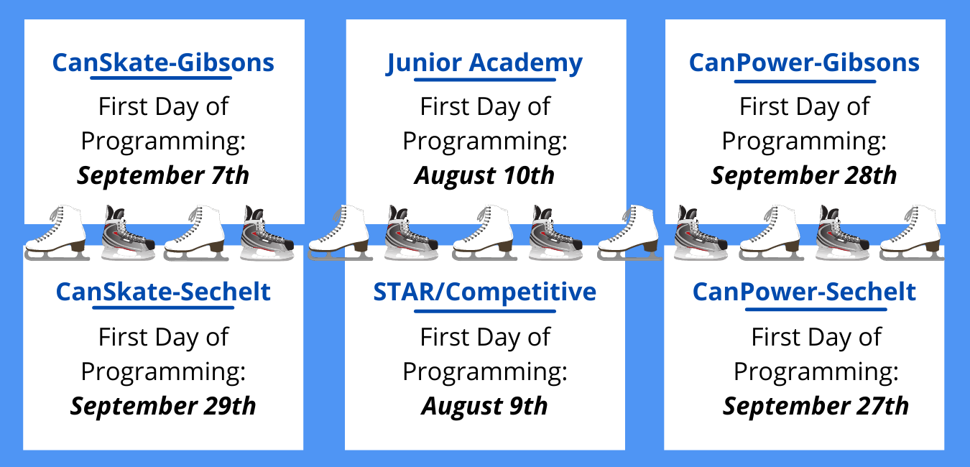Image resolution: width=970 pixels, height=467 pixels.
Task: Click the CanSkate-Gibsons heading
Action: click(163, 63)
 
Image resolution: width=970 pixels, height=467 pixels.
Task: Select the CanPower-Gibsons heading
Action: click(804, 63)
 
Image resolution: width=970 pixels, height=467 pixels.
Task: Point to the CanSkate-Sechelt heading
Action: click(163, 292)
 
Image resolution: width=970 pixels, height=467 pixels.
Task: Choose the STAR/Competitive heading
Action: click(484, 292)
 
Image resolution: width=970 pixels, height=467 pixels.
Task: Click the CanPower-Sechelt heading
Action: click(804, 292)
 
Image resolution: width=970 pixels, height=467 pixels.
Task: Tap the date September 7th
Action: click(163, 175)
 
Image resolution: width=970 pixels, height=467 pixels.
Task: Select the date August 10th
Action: click(484, 176)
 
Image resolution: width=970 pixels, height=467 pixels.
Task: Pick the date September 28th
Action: click(804, 175)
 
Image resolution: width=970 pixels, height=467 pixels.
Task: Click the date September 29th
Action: click(163, 406)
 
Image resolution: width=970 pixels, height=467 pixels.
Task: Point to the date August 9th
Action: click(484, 407)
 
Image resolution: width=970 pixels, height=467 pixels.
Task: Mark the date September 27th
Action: click(816, 406)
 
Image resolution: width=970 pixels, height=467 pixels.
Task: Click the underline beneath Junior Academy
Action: click(485, 80)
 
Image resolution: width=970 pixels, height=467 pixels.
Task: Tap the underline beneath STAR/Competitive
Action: click(485, 311)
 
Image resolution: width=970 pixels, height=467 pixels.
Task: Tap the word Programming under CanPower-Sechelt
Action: click(816, 372)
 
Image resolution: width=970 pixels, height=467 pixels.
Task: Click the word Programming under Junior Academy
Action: click(484, 142)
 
